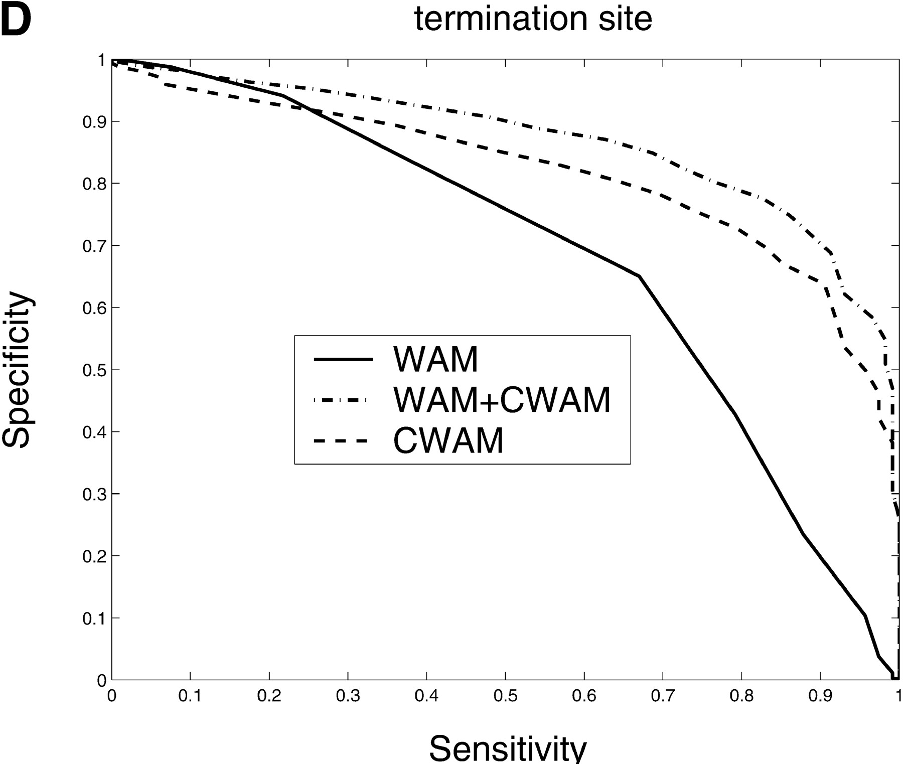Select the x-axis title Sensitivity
[x=507, y=748]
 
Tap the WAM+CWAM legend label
[x=502, y=400]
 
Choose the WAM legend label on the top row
[x=435, y=359]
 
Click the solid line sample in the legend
[x=343, y=359]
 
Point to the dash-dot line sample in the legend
[x=340, y=400]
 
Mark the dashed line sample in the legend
[x=340, y=441]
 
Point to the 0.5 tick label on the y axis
[x=94, y=370]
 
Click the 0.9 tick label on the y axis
[x=94, y=122]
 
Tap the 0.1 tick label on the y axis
[x=94, y=619]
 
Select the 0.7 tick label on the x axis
[x=663, y=697]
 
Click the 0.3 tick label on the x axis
[x=348, y=697]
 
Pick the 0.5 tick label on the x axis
[x=505, y=697]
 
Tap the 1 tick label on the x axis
[x=898, y=697]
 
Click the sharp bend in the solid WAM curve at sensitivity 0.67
[x=639, y=276]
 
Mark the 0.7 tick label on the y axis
[x=94, y=246]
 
